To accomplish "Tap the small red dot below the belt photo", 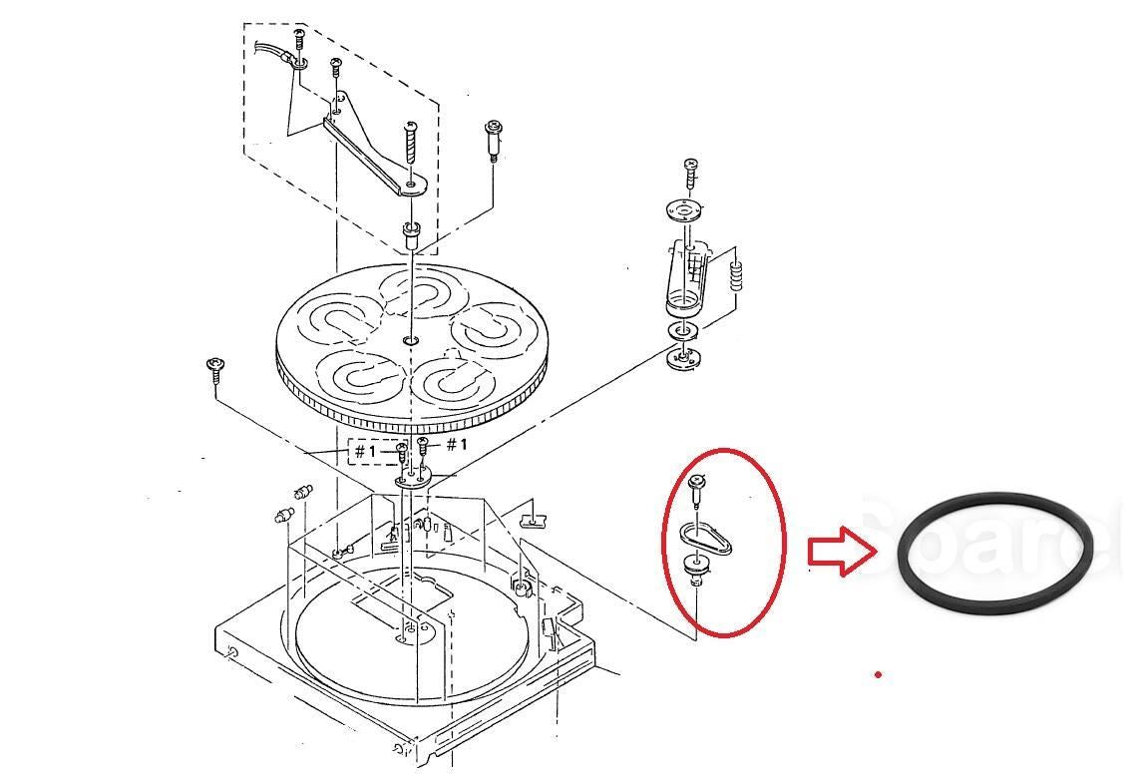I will [x=878, y=675].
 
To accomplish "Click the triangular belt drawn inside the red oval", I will [x=707, y=540].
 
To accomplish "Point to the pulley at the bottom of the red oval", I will [x=697, y=570].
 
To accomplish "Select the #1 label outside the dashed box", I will [x=456, y=444].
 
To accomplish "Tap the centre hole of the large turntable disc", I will [x=411, y=341].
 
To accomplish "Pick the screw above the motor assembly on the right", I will [x=689, y=171].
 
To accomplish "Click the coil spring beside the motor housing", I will [x=737, y=275].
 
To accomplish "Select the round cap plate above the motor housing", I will [x=684, y=210].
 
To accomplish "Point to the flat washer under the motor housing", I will [x=682, y=331].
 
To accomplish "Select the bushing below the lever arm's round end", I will [x=410, y=237].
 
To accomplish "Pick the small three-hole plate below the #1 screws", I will [x=410, y=481].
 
